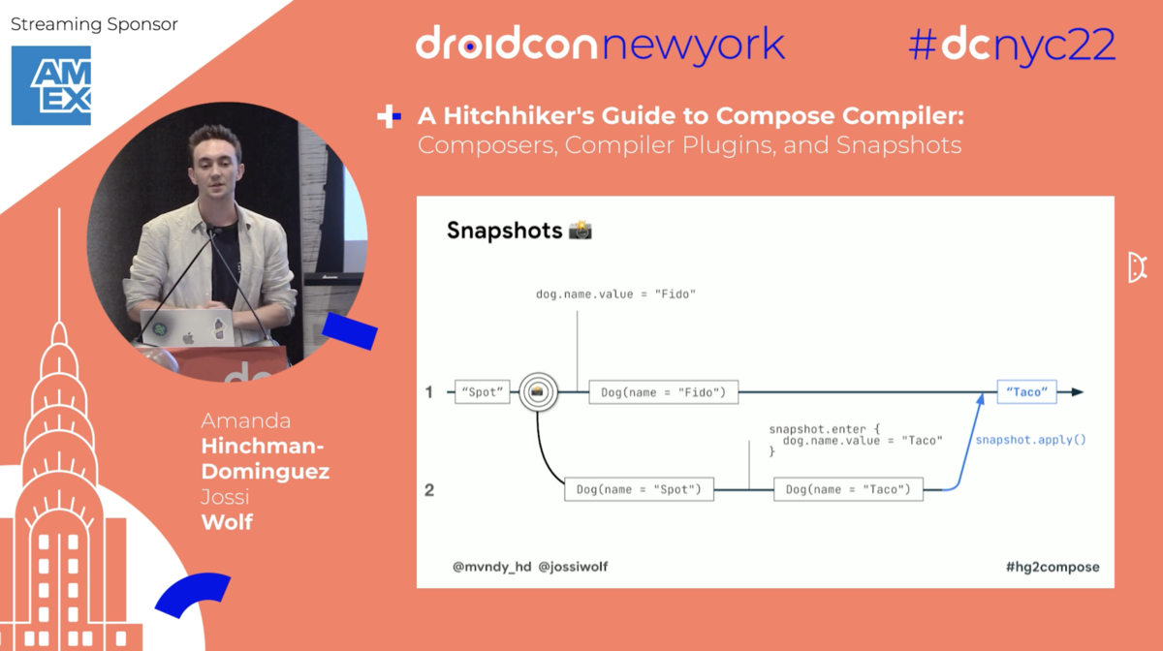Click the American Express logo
pyautogui.click(x=50, y=85)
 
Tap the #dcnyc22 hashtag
pyautogui.click(x=1012, y=46)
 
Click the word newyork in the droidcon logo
pyautogui.click(x=693, y=46)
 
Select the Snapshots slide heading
pyautogui.click(x=504, y=231)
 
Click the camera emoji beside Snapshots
pyautogui.click(x=580, y=230)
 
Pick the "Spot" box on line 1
pyautogui.click(x=483, y=392)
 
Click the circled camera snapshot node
pyautogui.click(x=538, y=392)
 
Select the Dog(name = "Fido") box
pyautogui.click(x=664, y=392)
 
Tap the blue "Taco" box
pyautogui.click(x=1026, y=392)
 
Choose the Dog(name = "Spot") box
pyautogui.click(x=639, y=489)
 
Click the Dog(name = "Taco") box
pyautogui.click(x=848, y=489)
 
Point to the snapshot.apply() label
pyautogui.click(x=1030, y=440)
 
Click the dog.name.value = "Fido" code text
pyautogui.click(x=615, y=294)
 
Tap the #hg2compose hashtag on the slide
pyautogui.click(x=1053, y=567)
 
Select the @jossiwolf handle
pyautogui.click(x=573, y=567)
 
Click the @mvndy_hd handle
pyautogui.click(x=492, y=567)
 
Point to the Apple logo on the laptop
pyautogui.click(x=188, y=338)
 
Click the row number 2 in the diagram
pyautogui.click(x=429, y=490)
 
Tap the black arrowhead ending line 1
pyautogui.click(x=1078, y=392)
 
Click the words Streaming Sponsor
pyautogui.click(x=94, y=24)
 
